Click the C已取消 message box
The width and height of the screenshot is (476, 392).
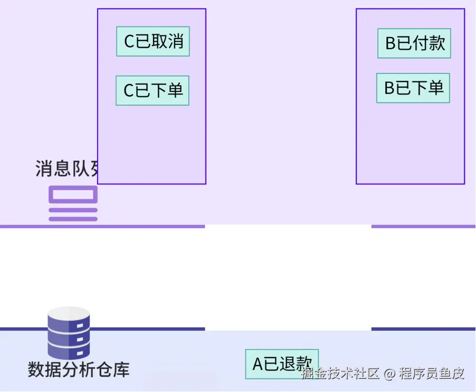pyautogui.click(x=153, y=41)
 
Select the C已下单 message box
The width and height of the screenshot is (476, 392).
pyautogui.click(x=153, y=90)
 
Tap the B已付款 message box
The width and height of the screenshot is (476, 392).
pyautogui.click(x=414, y=43)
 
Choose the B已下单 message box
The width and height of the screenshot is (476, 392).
pyautogui.click(x=413, y=88)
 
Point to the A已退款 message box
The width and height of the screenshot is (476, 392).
pyautogui.click(x=282, y=364)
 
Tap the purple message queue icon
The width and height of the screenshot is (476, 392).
pyautogui.click(x=73, y=203)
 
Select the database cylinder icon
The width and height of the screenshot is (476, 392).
pyautogui.click(x=69, y=333)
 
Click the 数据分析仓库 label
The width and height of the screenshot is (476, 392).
pyautogui.click(x=78, y=369)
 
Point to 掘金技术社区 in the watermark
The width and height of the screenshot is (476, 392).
pyautogui.click(x=340, y=374)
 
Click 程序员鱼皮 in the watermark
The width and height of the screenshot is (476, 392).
pyautogui.click(x=432, y=374)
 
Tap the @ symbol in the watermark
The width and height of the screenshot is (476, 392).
pyautogui.click(x=389, y=374)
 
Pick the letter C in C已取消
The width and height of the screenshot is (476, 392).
pyautogui.click(x=129, y=42)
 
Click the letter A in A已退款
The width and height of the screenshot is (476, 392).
pyautogui.click(x=258, y=365)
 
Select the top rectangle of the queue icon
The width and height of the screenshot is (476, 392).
pyautogui.click(x=73, y=194)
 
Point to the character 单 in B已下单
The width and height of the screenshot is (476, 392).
pyautogui.click(x=436, y=88)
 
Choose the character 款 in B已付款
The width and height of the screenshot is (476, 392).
pyautogui.click(x=437, y=43)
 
